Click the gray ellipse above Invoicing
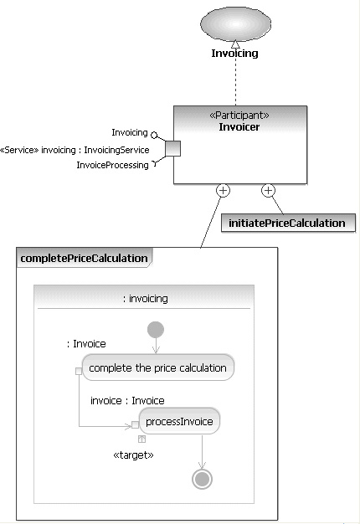235,23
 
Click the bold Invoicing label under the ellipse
234,53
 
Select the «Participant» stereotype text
239,116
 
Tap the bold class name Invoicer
239,127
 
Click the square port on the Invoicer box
172,148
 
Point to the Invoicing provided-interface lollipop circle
154,135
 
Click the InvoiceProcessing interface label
113,165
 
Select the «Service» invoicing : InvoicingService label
75,150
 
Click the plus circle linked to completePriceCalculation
223,191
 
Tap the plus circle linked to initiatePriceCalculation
268,191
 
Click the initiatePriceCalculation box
288,223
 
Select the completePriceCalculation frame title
85,258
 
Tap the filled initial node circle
156,330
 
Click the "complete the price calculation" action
157,367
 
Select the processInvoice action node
179,421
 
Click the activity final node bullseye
202,480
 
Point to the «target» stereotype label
134,455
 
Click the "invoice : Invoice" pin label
127,400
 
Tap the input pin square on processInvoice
135,424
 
